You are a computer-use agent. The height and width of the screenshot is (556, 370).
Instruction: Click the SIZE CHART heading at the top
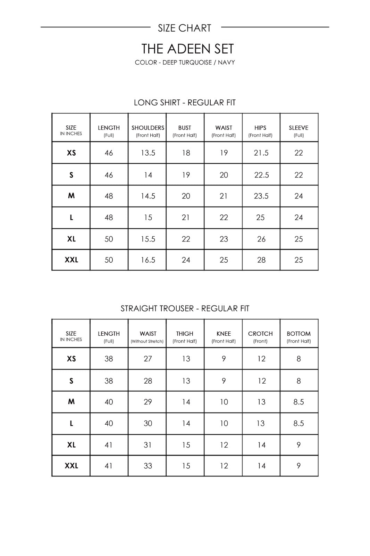(x=184, y=28)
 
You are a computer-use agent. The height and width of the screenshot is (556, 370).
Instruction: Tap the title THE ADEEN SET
(x=187, y=49)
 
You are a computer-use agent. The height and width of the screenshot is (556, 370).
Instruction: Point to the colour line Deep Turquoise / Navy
(x=185, y=63)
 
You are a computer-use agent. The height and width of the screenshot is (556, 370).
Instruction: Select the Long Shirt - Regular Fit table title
(x=185, y=103)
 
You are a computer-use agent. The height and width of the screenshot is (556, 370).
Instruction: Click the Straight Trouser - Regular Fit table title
(x=185, y=309)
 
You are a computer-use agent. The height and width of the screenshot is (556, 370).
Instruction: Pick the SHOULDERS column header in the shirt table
(x=148, y=128)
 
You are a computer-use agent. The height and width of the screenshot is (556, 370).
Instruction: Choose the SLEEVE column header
(x=298, y=128)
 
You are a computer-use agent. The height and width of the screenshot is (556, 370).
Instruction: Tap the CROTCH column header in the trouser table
(x=260, y=334)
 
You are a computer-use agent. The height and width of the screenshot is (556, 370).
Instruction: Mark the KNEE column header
(x=224, y=334)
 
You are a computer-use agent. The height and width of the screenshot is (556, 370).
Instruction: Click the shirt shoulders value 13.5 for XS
(x=148, y=153)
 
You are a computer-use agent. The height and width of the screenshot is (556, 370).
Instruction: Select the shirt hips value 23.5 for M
(x=261, y=196)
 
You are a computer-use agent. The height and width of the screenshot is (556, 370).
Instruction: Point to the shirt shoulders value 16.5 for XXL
(x=148, y=260)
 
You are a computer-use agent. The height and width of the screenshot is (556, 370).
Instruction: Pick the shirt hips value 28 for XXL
(x=261, y=260)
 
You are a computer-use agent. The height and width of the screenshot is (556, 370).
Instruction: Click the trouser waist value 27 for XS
(x=148, y=359)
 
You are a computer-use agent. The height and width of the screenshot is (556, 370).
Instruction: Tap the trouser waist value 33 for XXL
(x=148, y=466)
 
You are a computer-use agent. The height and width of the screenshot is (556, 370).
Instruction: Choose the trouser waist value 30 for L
(x=148, y=423)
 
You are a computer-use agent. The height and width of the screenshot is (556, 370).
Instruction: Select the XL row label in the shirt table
(x=71, y=239)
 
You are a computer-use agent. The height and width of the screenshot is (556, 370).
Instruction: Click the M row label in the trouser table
(x=71, y=402)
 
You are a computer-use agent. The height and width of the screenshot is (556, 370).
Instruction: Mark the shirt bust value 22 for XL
(x=186, y=239)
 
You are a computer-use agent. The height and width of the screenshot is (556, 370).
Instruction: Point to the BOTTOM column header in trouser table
(x=298, y=334)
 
